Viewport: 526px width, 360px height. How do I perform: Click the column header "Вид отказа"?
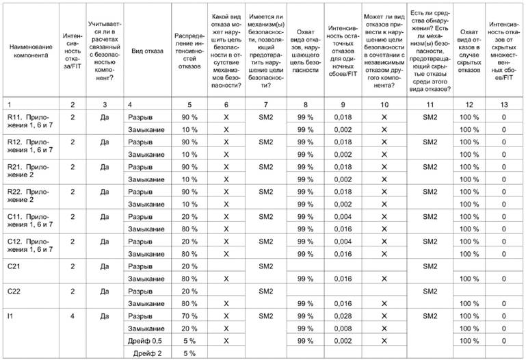pos(147,51)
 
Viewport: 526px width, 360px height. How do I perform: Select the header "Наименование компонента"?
pos(29,51)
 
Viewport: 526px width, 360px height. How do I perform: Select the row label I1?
pos(10,316)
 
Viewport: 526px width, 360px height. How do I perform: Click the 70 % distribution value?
pos(189,316)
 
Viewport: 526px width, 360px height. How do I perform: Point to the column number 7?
pos(250,103)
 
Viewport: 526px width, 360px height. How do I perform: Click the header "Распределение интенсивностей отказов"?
pos(189,51)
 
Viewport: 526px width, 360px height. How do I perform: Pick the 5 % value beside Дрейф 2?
pos(189,353)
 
